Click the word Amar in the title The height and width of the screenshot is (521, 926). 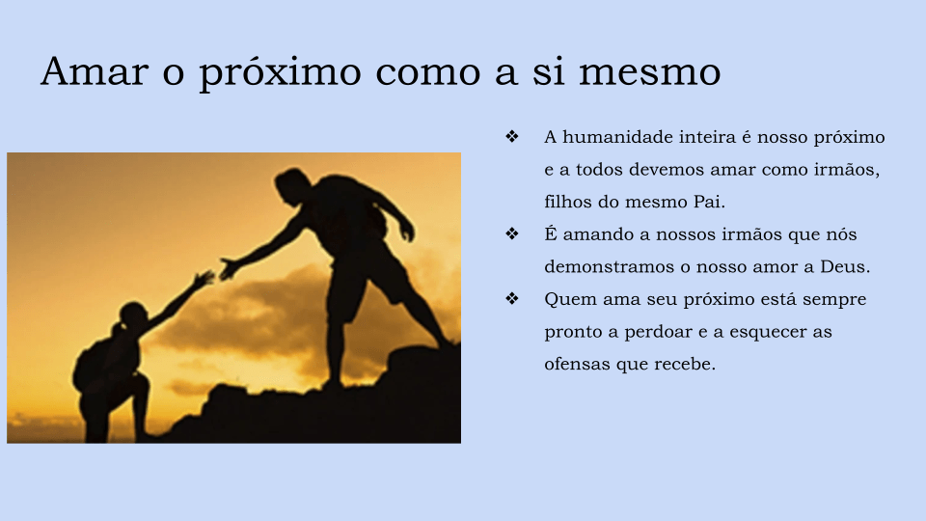(x=95, y=71)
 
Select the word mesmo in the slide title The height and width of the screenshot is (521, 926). (x=649, y=71)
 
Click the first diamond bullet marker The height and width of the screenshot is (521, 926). (x=512, y=136)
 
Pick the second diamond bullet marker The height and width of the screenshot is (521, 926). (x=512, y=233)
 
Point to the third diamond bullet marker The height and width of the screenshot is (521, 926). (x=512, y=298)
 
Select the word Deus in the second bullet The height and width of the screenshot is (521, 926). (x=845, y=267)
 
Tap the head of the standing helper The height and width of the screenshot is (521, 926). (x=292, y=186)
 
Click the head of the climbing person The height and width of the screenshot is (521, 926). (x=133, y=319)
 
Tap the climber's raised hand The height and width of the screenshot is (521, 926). (x=204, y=278)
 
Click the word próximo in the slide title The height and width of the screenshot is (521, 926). (x=280, y=73)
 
